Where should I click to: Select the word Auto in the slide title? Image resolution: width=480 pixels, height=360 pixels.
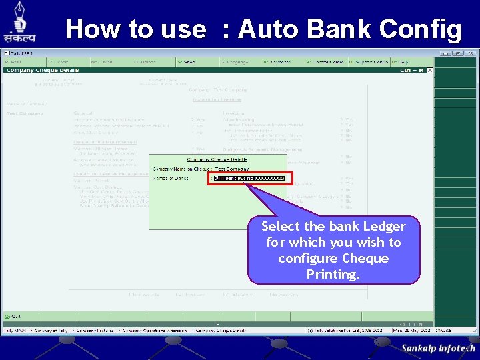[271, 29]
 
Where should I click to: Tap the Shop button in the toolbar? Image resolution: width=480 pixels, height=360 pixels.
[187, 62]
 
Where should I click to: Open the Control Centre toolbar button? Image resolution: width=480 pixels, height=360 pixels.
[325, 62]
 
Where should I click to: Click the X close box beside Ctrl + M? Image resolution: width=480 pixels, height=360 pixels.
[430, 69]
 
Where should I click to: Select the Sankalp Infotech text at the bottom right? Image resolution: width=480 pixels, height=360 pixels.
[438, 348]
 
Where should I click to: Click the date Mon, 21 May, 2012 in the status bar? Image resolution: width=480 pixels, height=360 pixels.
[409, 330]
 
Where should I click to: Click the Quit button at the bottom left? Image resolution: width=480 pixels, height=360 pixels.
[13, 316]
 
